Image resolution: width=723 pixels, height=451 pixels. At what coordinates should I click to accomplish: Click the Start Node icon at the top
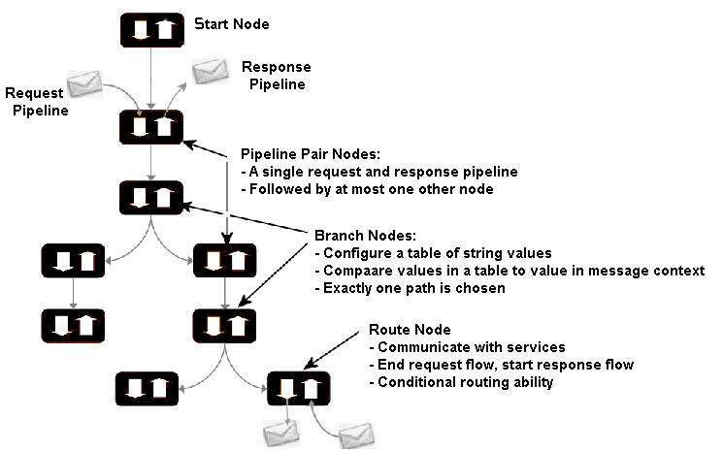150,28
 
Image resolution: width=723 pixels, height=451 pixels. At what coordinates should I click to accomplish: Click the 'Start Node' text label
232,22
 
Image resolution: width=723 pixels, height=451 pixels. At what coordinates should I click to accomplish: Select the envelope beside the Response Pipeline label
210,72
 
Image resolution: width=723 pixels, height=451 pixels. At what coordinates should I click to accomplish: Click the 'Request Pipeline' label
35,102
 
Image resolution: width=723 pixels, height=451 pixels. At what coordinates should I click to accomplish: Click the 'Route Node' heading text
409,330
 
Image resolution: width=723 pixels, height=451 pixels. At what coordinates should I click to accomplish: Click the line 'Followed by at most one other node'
367,188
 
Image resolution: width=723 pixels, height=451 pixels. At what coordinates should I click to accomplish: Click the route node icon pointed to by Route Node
298,389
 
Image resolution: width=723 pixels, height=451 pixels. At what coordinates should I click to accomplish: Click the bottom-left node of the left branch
73,326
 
